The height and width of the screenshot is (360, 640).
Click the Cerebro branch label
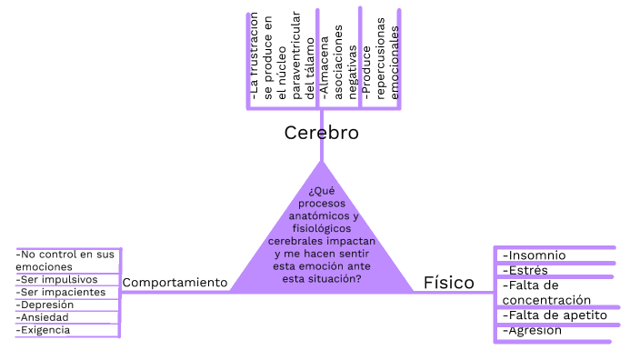pos(321,133)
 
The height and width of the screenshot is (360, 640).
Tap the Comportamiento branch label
pos(175,283)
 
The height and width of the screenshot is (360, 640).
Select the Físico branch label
pos(448,283)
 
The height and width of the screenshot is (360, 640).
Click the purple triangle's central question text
pos(321,235)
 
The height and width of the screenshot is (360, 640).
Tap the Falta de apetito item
pos(554,315)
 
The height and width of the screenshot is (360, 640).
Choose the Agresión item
pos(532,330)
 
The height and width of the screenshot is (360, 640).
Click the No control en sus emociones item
pos(65,260)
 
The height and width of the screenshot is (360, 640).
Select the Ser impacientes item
pos(62,292)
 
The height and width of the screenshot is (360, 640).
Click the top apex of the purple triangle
pos(321,164)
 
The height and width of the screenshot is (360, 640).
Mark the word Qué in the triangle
pos(321,191)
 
